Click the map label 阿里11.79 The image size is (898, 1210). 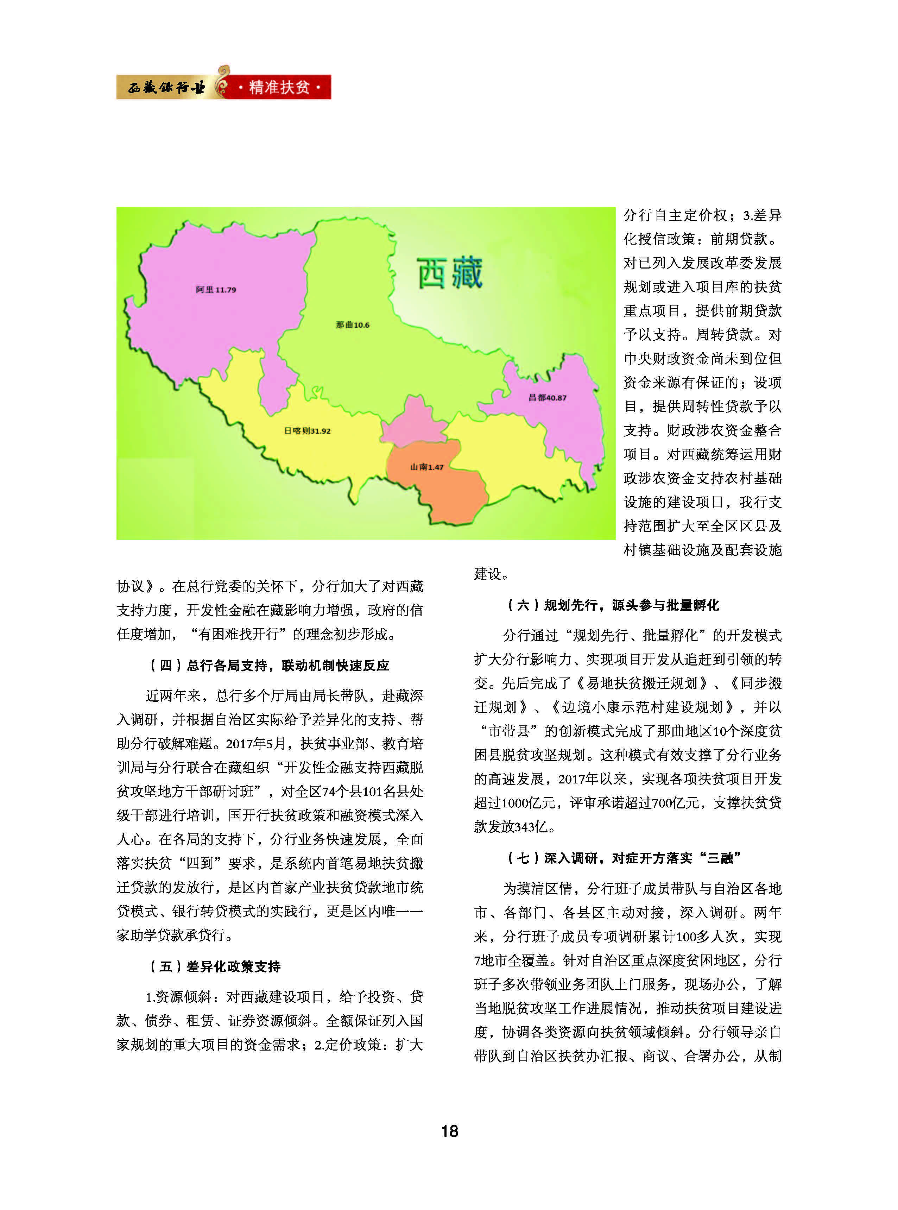click(216, 290)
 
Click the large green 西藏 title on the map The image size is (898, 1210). click(450, 273)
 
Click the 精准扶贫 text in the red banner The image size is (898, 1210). click(279, 87)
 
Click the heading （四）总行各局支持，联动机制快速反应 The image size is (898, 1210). click(270, 665)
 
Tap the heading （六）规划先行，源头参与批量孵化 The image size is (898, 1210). click(613, 605)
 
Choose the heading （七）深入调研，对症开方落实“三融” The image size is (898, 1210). click(624, 858)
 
